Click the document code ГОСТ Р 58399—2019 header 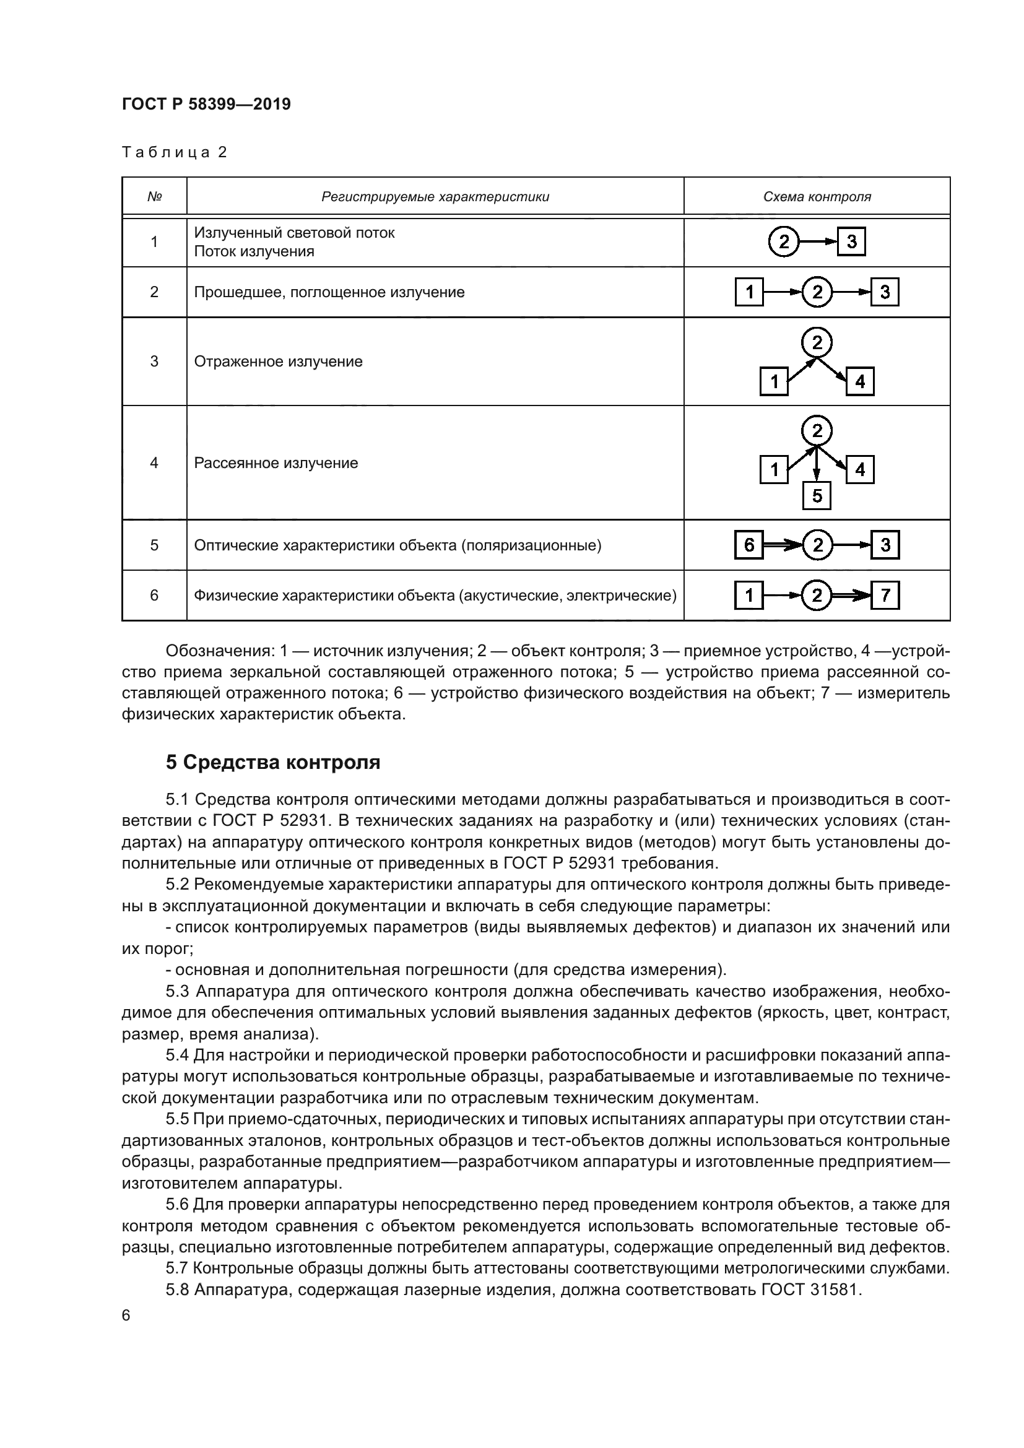tap(206, 104)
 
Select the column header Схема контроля tap(817, 197)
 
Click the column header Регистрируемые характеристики tap(435, 197)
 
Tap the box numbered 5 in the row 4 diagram tap(817, 496)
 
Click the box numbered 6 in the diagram tap(749, 545)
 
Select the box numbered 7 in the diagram tap(885, 596)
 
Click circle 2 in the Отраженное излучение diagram tap(817, 343)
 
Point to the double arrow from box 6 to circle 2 tap(783, 545)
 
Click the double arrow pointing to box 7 tap(851, 596)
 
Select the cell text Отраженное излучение tap(278, 362)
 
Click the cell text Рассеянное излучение tap(276, 463)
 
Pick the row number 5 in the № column tap(154, 545)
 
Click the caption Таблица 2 tap(174, 152)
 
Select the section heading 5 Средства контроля tap(272, 763)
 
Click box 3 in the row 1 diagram tap(851, 241)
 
